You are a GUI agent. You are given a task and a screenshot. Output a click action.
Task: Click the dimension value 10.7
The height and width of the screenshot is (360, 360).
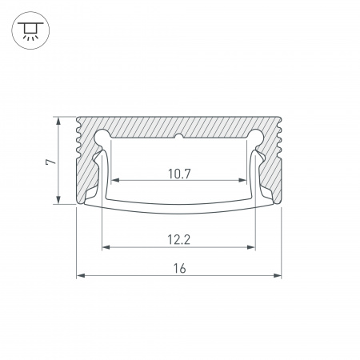click(x=179, y=174)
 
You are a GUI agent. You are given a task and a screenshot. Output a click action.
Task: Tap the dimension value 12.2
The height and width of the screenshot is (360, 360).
click(x=179, y=239)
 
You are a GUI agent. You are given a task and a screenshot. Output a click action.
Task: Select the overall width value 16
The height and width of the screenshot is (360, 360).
click(x=179, y=268)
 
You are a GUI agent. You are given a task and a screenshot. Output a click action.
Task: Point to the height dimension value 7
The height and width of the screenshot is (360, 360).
click(x=50, y=162)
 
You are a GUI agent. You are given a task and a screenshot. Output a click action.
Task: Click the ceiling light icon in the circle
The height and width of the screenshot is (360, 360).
click(x=30, y=30)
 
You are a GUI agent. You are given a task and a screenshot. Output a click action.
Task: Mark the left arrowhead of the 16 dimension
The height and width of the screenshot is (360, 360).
click(x=81, y=275)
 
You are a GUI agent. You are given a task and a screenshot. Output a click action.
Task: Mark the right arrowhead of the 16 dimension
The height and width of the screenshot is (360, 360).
click(x=278, y=275)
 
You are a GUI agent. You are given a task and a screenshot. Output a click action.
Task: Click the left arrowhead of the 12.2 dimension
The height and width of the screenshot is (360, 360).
click(x=106, y=247)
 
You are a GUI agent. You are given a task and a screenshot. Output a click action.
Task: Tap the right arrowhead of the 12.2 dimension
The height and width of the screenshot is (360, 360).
click(x=251, y=247)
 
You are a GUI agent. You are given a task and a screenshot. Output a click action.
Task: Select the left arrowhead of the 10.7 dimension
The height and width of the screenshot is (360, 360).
click(x=115, y=181)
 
